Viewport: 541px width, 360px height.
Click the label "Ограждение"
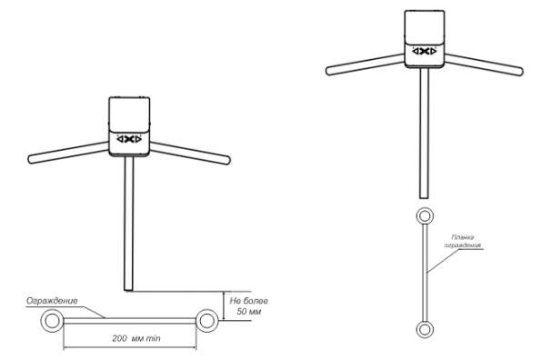click(x=52, y=301)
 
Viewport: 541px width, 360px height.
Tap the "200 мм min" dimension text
click(x=136, y=338)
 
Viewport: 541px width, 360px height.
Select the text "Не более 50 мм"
click(x=249, y=306)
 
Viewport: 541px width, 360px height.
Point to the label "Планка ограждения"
click(x=462, y=242)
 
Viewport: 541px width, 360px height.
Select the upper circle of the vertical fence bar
click(x=418, y=215)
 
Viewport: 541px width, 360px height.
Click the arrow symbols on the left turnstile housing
click(x=129, y=139)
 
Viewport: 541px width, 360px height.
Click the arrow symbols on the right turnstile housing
click(x=425, y=52)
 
